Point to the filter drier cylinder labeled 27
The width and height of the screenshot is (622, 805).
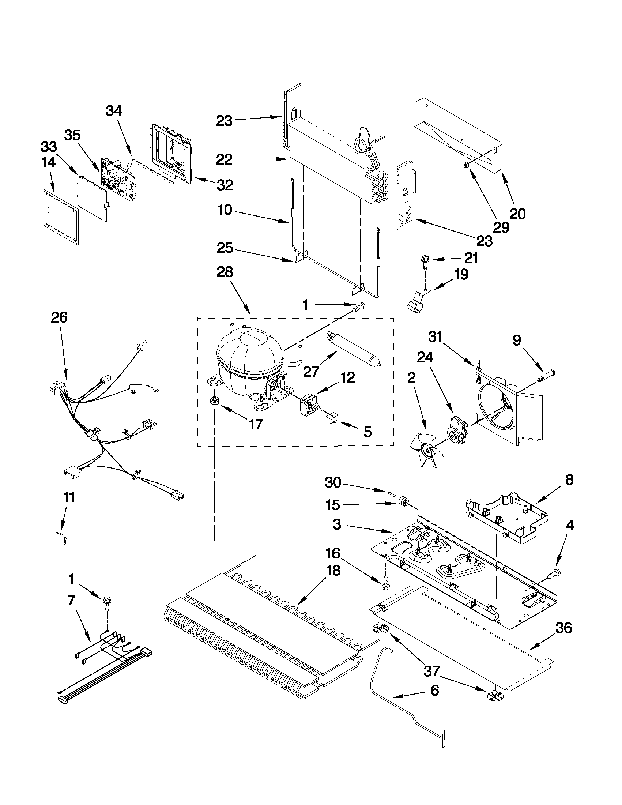click(353, 349)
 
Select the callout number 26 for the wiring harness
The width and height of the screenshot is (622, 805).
click(59, 317)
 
